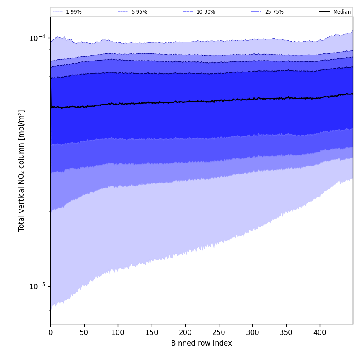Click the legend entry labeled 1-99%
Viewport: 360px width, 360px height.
click(73, 12)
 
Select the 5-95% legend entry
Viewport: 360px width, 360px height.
click(139, 12)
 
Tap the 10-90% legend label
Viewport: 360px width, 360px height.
click(205, 12)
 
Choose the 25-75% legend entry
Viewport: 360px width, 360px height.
click(274, 12)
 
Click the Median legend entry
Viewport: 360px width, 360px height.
click(342, 12)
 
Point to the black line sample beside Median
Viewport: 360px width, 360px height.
click(325, 12)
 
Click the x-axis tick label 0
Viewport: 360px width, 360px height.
click(50, 333)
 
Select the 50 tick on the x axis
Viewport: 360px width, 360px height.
click(84, 333)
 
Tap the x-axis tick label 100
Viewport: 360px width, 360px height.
click(118, 333)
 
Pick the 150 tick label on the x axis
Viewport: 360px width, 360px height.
click(151, 333)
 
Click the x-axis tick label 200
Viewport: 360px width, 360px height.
click(185, 333)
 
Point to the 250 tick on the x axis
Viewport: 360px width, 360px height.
click(219, 333)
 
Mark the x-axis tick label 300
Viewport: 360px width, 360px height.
click(252, 333)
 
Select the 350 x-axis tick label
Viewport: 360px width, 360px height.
click(286, 333)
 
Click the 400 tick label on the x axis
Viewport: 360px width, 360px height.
click(320, 333)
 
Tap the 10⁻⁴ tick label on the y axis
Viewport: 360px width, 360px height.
click(37, 38)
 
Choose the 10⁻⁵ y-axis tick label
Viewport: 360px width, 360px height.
click(37, 286)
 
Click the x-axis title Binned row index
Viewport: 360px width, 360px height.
click(202, 343)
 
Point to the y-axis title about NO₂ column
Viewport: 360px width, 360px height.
click(22, 170)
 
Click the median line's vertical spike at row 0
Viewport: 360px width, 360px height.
click(51, 91)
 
